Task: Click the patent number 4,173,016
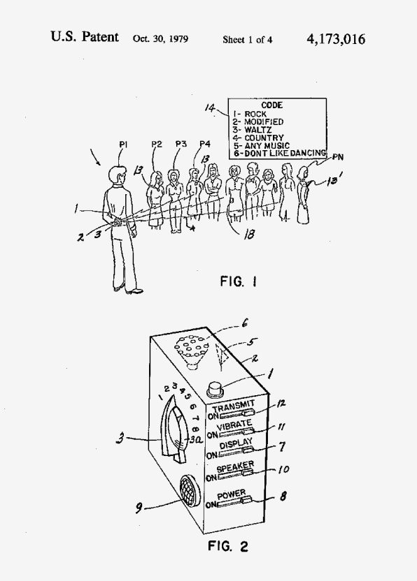[336, 39]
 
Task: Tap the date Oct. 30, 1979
[160, 39]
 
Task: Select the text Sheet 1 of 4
[247, 40]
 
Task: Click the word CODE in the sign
[271, 105]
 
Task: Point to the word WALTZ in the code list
[257, 130]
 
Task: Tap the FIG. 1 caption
[238, 281]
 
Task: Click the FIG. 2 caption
[227, 546]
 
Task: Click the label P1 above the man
[123, 145]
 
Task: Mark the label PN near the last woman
[337, 157]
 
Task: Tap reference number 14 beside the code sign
[210, 108]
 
